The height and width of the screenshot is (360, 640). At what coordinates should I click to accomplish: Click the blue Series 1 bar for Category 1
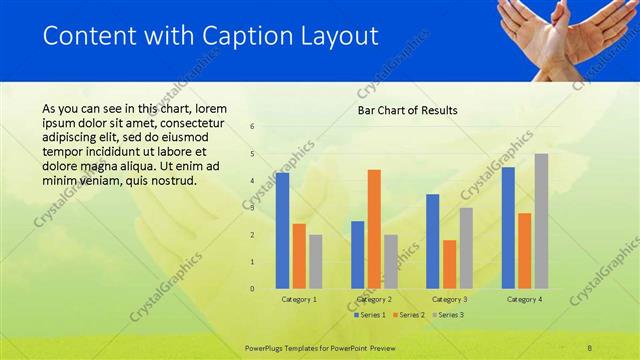click(282, 230)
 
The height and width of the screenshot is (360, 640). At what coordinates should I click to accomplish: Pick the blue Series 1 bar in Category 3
click(433, 241)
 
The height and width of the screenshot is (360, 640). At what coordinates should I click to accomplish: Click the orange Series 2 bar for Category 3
click(449, 264)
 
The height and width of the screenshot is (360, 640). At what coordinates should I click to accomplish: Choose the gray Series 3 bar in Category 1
click(315, 261)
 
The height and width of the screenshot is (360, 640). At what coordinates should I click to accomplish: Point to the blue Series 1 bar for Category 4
click(508, 227)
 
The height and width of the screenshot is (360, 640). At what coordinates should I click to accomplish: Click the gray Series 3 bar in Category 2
click(390, 261)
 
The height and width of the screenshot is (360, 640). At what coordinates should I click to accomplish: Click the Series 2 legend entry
click(408, 315)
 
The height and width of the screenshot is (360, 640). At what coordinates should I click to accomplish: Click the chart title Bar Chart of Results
click(408, 110)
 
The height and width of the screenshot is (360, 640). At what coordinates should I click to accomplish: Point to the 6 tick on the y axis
click(252, 127)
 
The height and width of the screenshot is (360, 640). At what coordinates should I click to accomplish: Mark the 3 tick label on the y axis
click(252, 208)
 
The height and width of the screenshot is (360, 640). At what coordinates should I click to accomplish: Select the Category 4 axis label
click(524, 299)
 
